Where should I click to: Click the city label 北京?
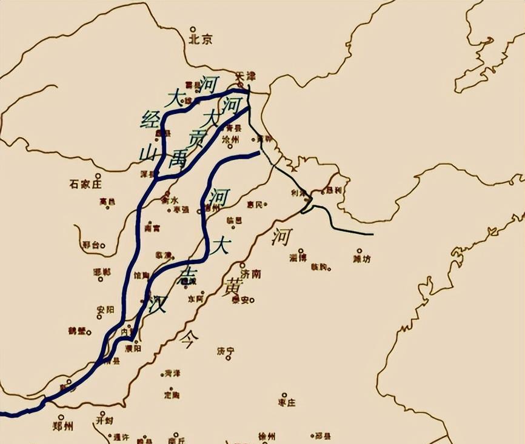(x=201, y=40)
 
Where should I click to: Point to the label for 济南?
(x=250, y=274)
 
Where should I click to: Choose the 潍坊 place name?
(x=361, y=259)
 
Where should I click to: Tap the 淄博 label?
(x=298, y=258)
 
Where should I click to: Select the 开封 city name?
(x=104, y=420)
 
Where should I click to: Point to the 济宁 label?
(x=226, y=351)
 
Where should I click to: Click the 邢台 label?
(x=90, y=245)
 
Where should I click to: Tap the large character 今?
(x=188, y=340)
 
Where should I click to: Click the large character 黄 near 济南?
(x=232, y=288)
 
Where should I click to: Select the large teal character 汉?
(x=158, y=303)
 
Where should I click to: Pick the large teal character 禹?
(x=178, y=159)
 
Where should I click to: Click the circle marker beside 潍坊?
(x=359, y=250)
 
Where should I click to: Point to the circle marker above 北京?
(x=193, y=29)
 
